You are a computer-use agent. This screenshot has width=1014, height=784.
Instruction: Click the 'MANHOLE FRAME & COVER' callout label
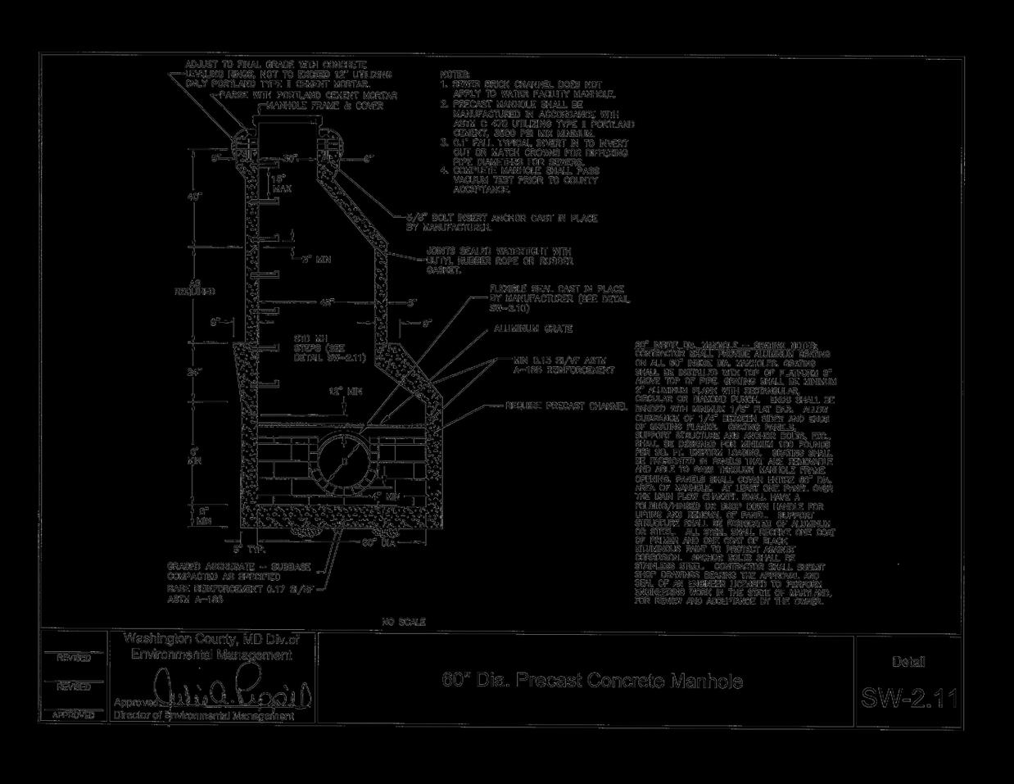(324, 106)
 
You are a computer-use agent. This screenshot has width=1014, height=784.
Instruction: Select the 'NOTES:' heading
(455, 74)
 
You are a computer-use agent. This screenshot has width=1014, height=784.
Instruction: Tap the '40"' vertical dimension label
(193, 197)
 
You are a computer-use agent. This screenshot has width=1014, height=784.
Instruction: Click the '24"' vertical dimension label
(194, 373)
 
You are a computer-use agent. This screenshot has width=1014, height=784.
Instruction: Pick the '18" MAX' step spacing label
(280, 184)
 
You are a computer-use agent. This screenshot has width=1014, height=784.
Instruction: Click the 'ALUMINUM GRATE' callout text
(532, 329)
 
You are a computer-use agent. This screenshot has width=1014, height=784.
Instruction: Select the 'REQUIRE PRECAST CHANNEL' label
(566, 406)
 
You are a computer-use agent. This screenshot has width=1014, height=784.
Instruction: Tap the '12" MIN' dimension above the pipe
(345, 392)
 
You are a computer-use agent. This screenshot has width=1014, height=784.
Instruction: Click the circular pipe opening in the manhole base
(345, 462)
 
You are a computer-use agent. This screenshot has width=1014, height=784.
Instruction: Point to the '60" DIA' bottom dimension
(379, 542)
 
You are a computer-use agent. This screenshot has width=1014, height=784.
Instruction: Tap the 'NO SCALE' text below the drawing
(404, 623)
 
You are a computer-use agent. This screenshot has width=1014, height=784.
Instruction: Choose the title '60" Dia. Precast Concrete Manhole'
(592, 681)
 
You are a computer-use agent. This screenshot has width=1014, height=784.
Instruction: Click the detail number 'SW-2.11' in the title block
(908, 698)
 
